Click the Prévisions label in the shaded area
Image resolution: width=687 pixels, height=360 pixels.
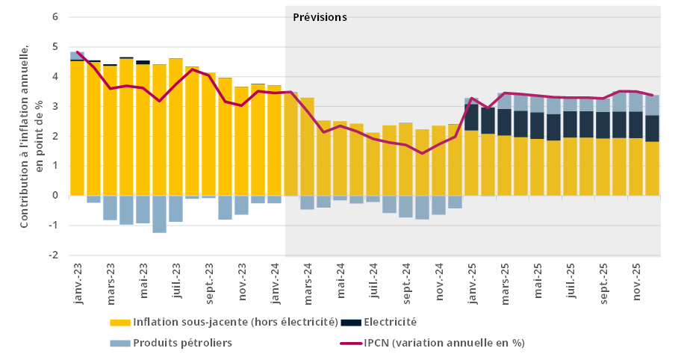click(320, 17)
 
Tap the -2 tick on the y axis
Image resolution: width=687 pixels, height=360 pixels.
click(54, 255)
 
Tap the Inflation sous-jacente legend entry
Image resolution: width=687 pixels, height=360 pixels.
click(217, 323)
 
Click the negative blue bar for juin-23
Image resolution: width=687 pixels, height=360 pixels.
click(159, 214)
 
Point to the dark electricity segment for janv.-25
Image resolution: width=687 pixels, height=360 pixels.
click(471, 117)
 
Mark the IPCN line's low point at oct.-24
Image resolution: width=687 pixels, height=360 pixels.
click(422, 153)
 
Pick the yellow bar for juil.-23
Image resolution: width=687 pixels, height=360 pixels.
click(175, 127)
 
